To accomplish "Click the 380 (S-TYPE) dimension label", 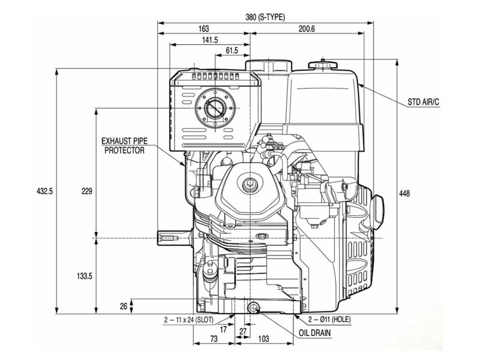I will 265,17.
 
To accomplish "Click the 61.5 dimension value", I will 232,51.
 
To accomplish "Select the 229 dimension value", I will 86,191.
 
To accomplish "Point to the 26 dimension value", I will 124,306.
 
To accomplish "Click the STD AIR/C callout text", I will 424,103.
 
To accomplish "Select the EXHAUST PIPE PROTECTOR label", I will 124,146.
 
